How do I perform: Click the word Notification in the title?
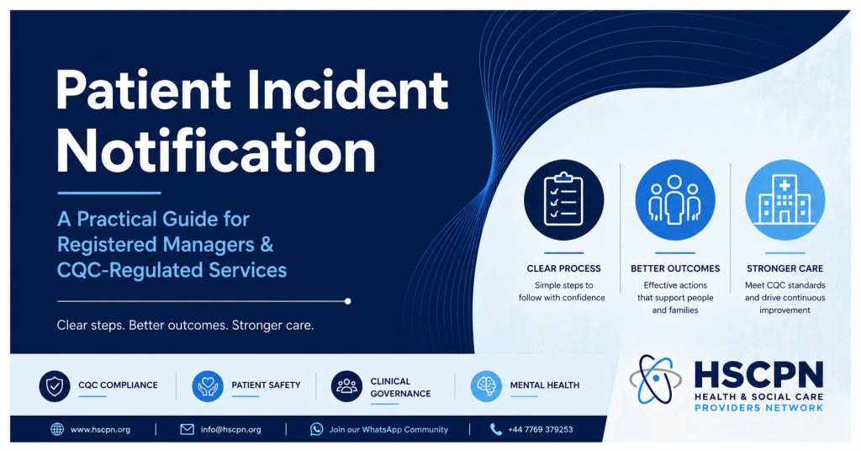tap(216, 151)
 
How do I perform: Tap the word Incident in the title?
tap(347, 89)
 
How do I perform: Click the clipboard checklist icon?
tap(563, 200)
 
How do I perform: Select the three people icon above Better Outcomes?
tap(675, 200)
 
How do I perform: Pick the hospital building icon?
tap(784, 200)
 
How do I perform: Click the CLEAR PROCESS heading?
tap(563, 268)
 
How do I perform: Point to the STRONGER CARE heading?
tap(784, 268)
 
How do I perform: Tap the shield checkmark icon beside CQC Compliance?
tap(55, 386)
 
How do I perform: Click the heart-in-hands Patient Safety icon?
tap(208, 386)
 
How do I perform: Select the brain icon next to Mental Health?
tap(486, 386)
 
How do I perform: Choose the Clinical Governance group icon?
tap(346, 386)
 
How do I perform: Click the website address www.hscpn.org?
tap(101, 430)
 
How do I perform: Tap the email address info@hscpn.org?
tap(230, 430)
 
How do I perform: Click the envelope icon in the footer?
tap(188, 429)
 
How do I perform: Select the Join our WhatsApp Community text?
tap(388, 430)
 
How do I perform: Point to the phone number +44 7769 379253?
tap(541, 430)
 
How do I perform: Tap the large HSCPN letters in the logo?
tap(758, 374)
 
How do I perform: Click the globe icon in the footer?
tap(57, 429)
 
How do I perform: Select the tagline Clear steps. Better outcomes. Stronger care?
tap(185, 325)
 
